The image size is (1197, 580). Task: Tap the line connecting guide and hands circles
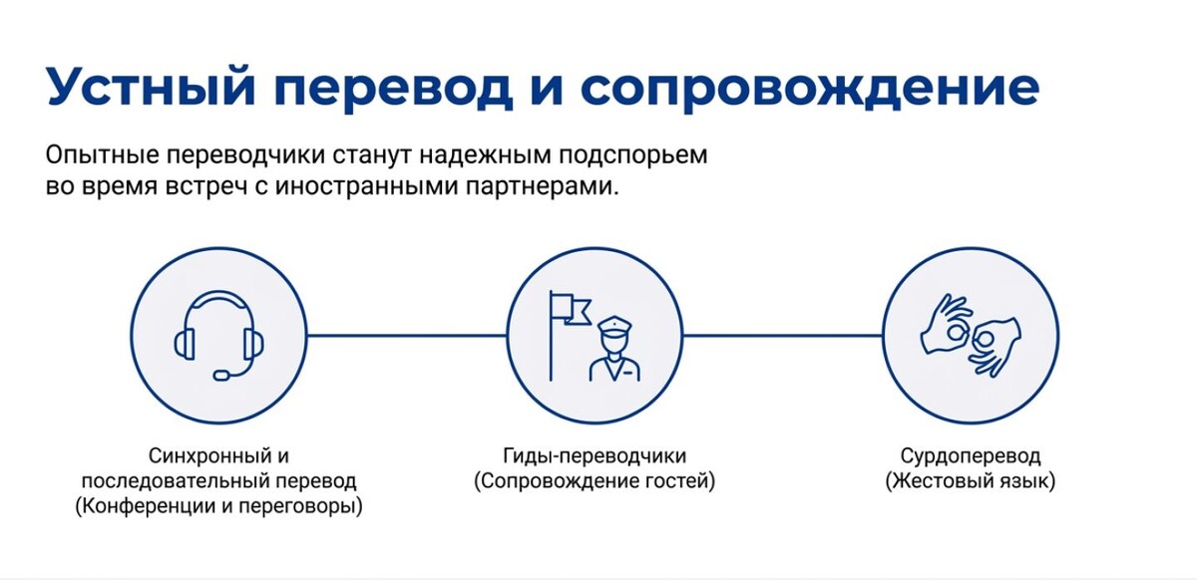(785, 336)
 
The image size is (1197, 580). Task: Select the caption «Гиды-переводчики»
(595, 457)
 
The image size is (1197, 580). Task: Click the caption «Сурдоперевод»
(971, 457)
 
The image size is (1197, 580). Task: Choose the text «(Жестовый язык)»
(971, 482)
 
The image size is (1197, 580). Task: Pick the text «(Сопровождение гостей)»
(595, 482)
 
